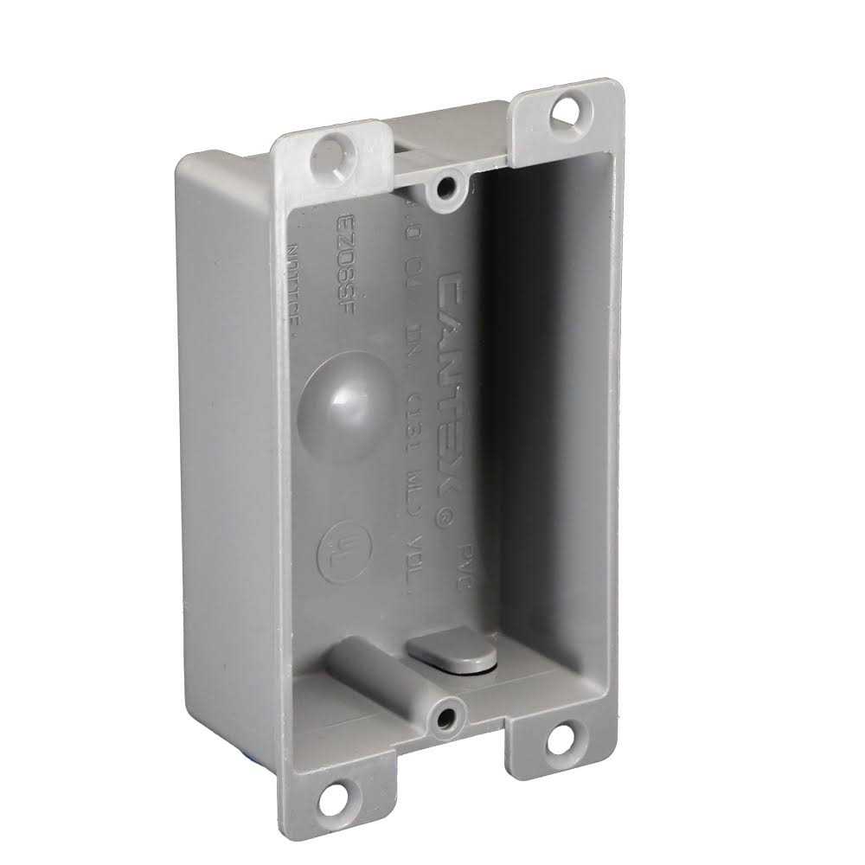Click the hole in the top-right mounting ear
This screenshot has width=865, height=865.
coord(567,110)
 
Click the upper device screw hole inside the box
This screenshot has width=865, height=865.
coord(447,185)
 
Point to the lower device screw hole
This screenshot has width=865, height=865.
coord(447,715)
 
